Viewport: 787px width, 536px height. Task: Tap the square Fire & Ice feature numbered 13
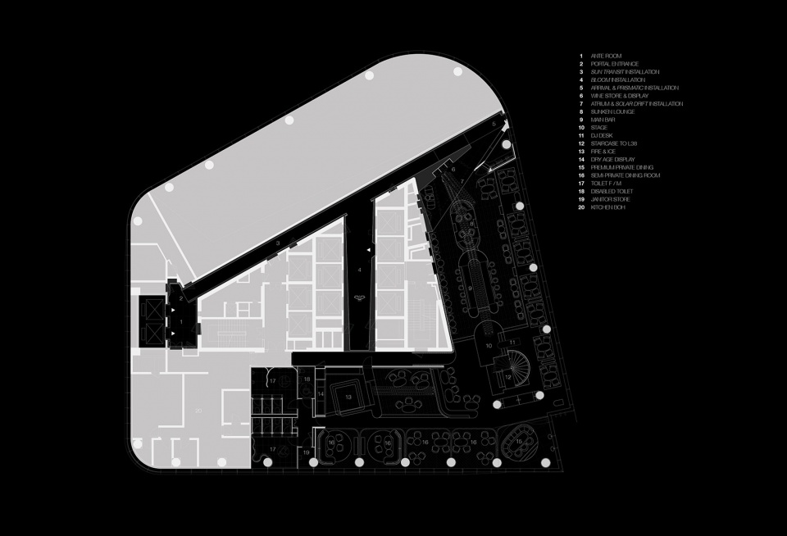point(348,397)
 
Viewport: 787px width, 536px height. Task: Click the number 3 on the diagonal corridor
point(279,243)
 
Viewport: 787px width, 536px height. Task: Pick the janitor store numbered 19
point(307,452)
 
